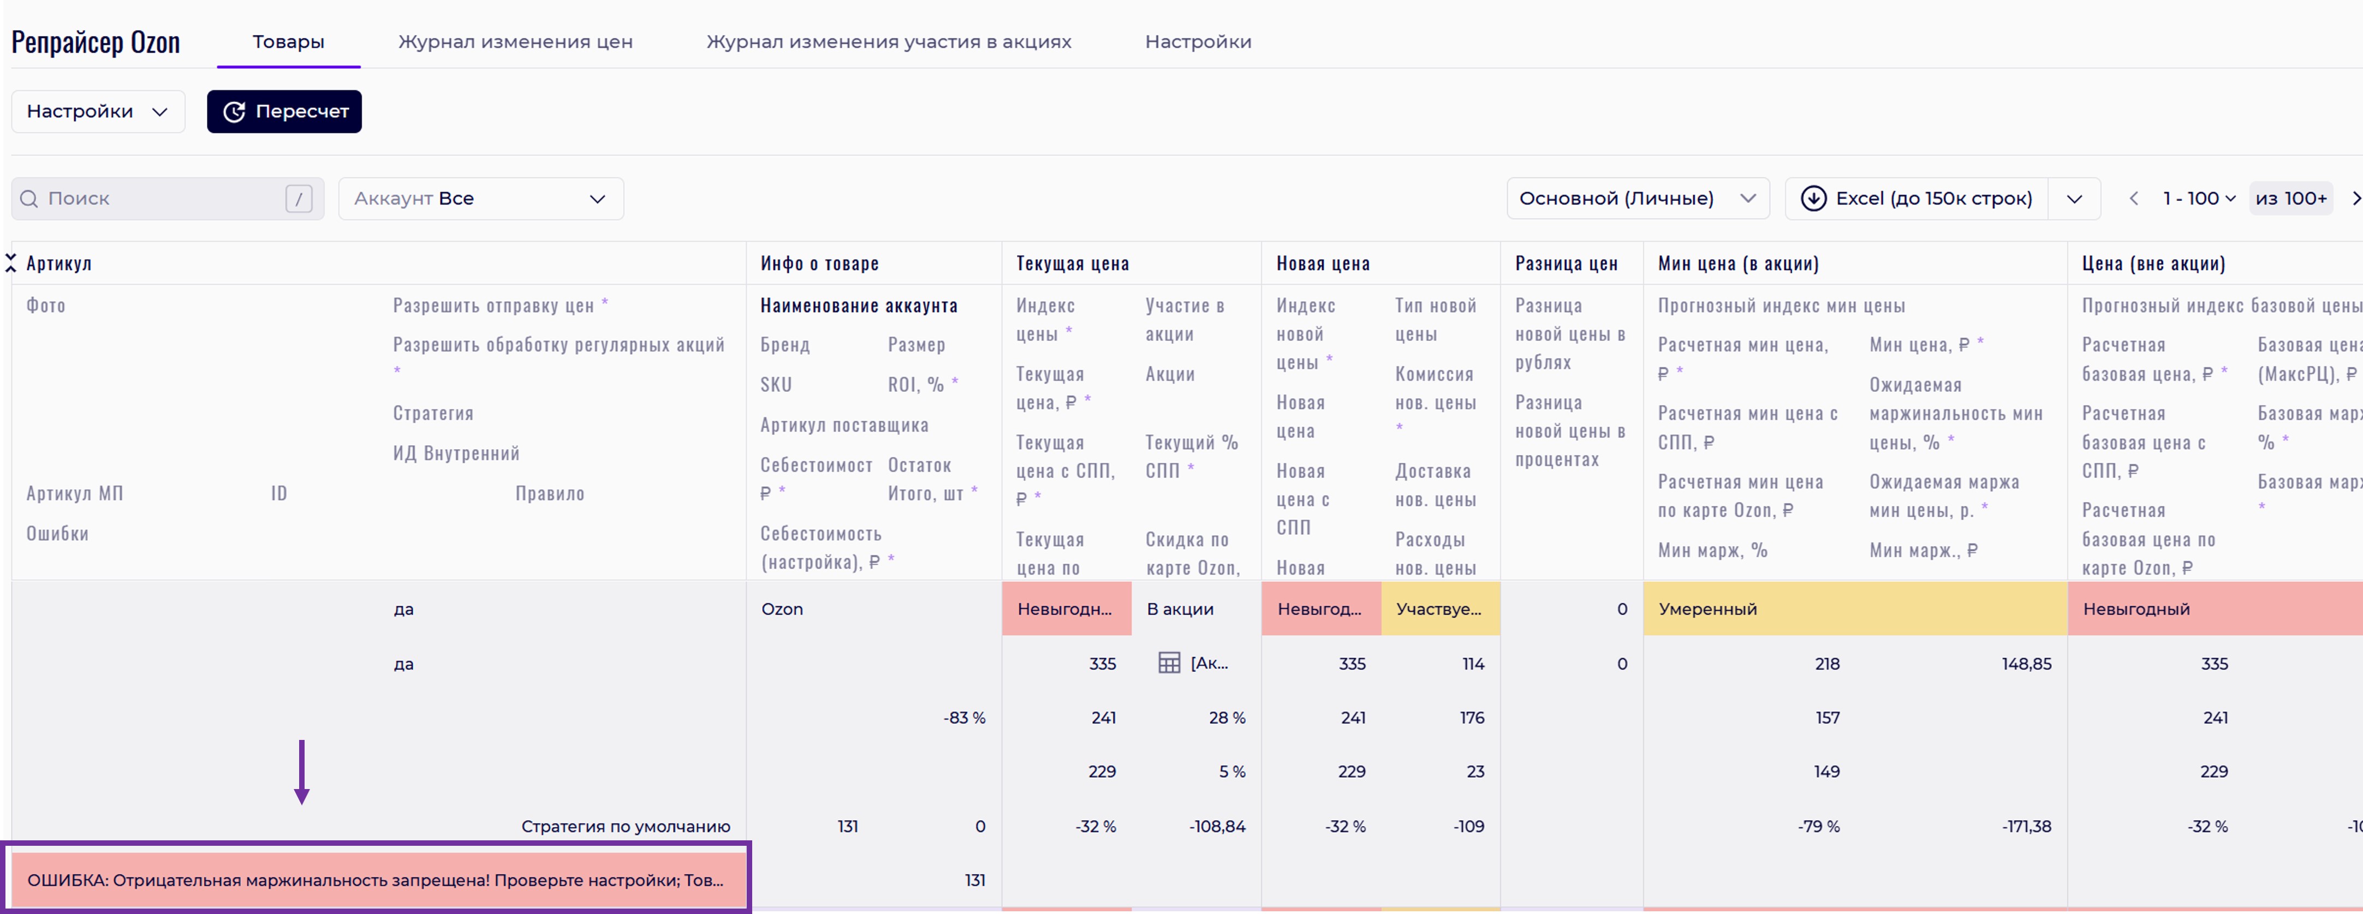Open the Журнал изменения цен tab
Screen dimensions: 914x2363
click(x=515, y=41)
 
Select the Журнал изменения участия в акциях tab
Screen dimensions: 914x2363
click(x=888, y=41)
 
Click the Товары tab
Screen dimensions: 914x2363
click(x=288, y=41)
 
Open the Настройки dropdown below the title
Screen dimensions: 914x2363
click(x=97, y=111)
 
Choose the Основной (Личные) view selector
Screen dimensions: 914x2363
click(x=1636, y=198)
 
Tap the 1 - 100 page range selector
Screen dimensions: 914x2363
click(x=2198, y=198)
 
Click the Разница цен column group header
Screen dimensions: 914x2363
click(x=1566, y=263)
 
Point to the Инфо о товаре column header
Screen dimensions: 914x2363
click(x=819, y=263)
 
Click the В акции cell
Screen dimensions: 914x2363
click(x=1180, y=609)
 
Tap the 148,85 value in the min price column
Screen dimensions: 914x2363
click(x=2026, y=664)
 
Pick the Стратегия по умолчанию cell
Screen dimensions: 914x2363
click(x=626, y=826)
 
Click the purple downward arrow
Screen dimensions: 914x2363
click(x=302, y=772)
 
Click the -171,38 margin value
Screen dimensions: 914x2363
click(x=2026, y=826)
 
